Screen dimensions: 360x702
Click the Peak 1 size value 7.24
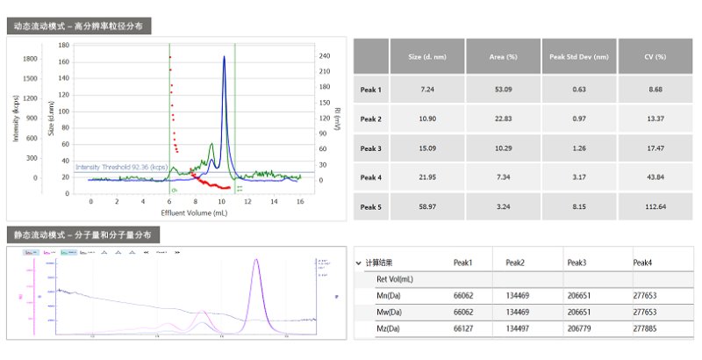click(x=427, y=90)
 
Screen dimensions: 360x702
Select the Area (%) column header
click(x=503, y=56)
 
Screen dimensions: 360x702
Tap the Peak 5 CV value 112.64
click(x=655, y=207)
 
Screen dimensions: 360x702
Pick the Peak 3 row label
click(x=371, y=148)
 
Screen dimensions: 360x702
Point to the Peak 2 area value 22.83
click(x=503, y=119)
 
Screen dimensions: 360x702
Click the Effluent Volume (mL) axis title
click(x=196, y=212)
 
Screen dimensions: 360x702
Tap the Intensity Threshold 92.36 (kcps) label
click(x=121, y=167)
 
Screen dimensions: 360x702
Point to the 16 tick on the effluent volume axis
click(x=300, y=201)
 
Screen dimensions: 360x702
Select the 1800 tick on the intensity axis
click(x=30, y=59)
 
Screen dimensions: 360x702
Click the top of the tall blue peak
click(x=224, y=57)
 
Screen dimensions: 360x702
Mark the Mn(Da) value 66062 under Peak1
click(x=463, y=296)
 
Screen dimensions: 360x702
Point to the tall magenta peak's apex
click(x=256, y=259)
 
